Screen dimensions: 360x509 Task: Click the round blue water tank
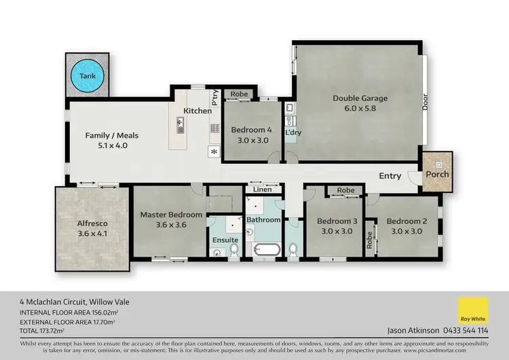tap(88, 76)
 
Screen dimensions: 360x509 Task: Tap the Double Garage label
tap(360, 98)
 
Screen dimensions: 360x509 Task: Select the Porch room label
tap(437, 175)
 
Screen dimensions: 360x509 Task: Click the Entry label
tap(390, 176)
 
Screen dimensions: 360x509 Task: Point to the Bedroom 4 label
tap(251, 130)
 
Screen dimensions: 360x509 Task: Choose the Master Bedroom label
tap(171, 215)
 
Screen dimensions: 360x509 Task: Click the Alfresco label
tap(92, 223)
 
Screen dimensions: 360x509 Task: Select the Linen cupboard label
tap(263, 190)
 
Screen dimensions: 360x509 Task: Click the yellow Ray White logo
tap(473, 311)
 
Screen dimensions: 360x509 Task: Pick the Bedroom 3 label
tap(337, 221)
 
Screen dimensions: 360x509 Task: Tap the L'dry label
tap(293, 132)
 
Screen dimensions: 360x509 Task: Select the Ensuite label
tap(225, 240)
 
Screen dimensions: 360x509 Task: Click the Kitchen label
tap(197, 110)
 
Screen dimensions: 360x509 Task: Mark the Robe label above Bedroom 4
tap(239, 94)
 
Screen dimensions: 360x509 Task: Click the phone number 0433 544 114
tap(465, 331)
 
